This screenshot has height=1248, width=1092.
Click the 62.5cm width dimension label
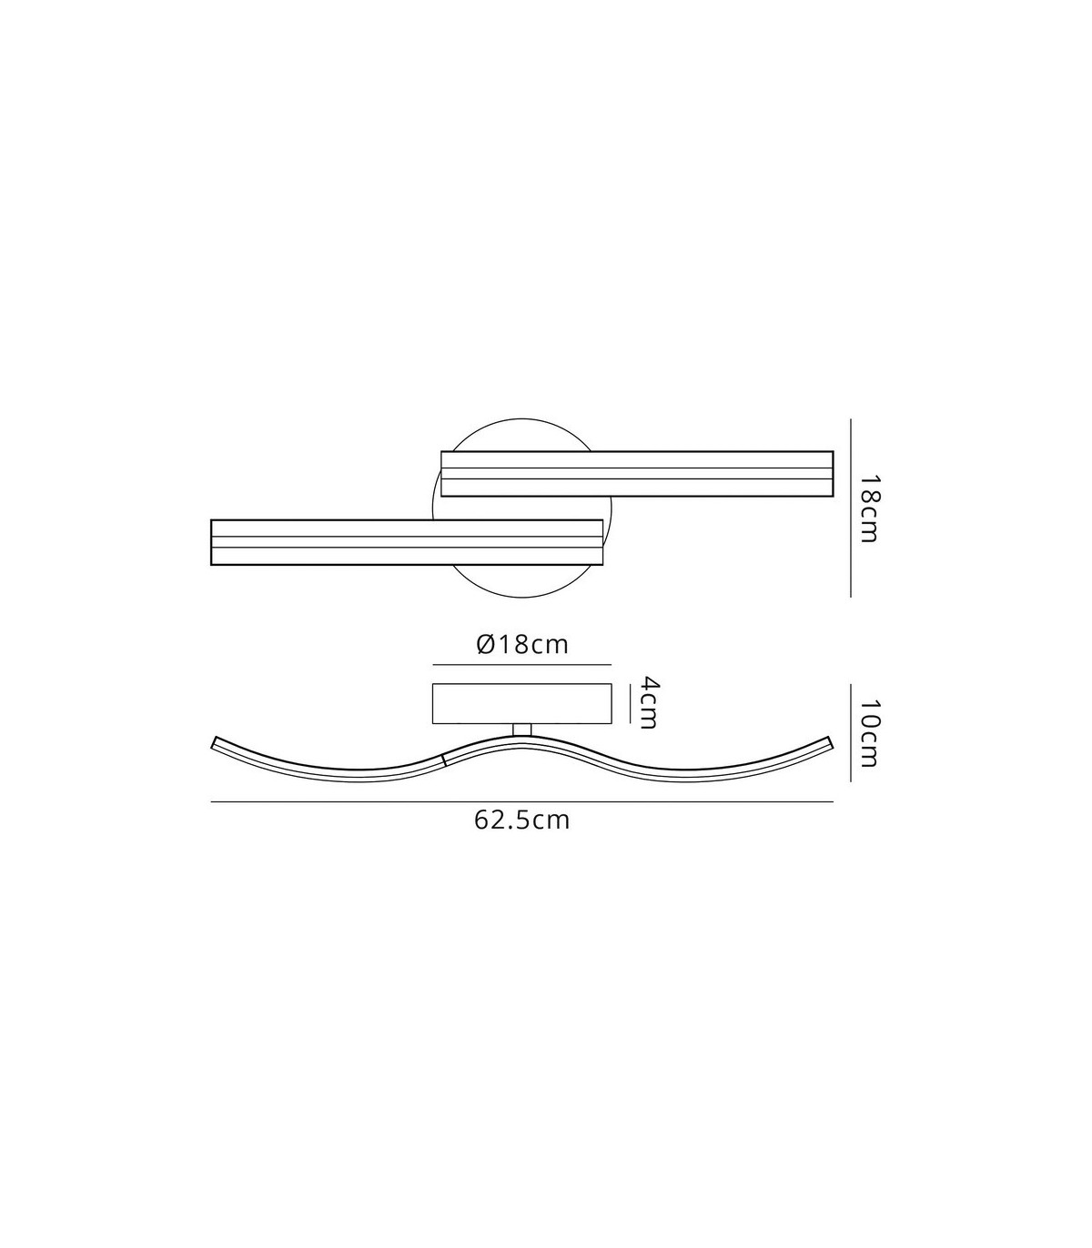click(521, 820)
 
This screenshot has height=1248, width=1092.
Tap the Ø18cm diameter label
click(522, 644)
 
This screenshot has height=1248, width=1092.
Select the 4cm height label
click(646, 702)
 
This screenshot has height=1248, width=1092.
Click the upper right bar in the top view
click(637, 473)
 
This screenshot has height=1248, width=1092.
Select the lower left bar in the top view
click(407, 542)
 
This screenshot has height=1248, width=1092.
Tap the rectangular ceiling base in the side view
click(521, 704)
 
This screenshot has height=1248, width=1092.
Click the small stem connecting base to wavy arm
click(522, 730)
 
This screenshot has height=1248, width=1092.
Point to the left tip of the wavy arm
click(214, 742)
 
